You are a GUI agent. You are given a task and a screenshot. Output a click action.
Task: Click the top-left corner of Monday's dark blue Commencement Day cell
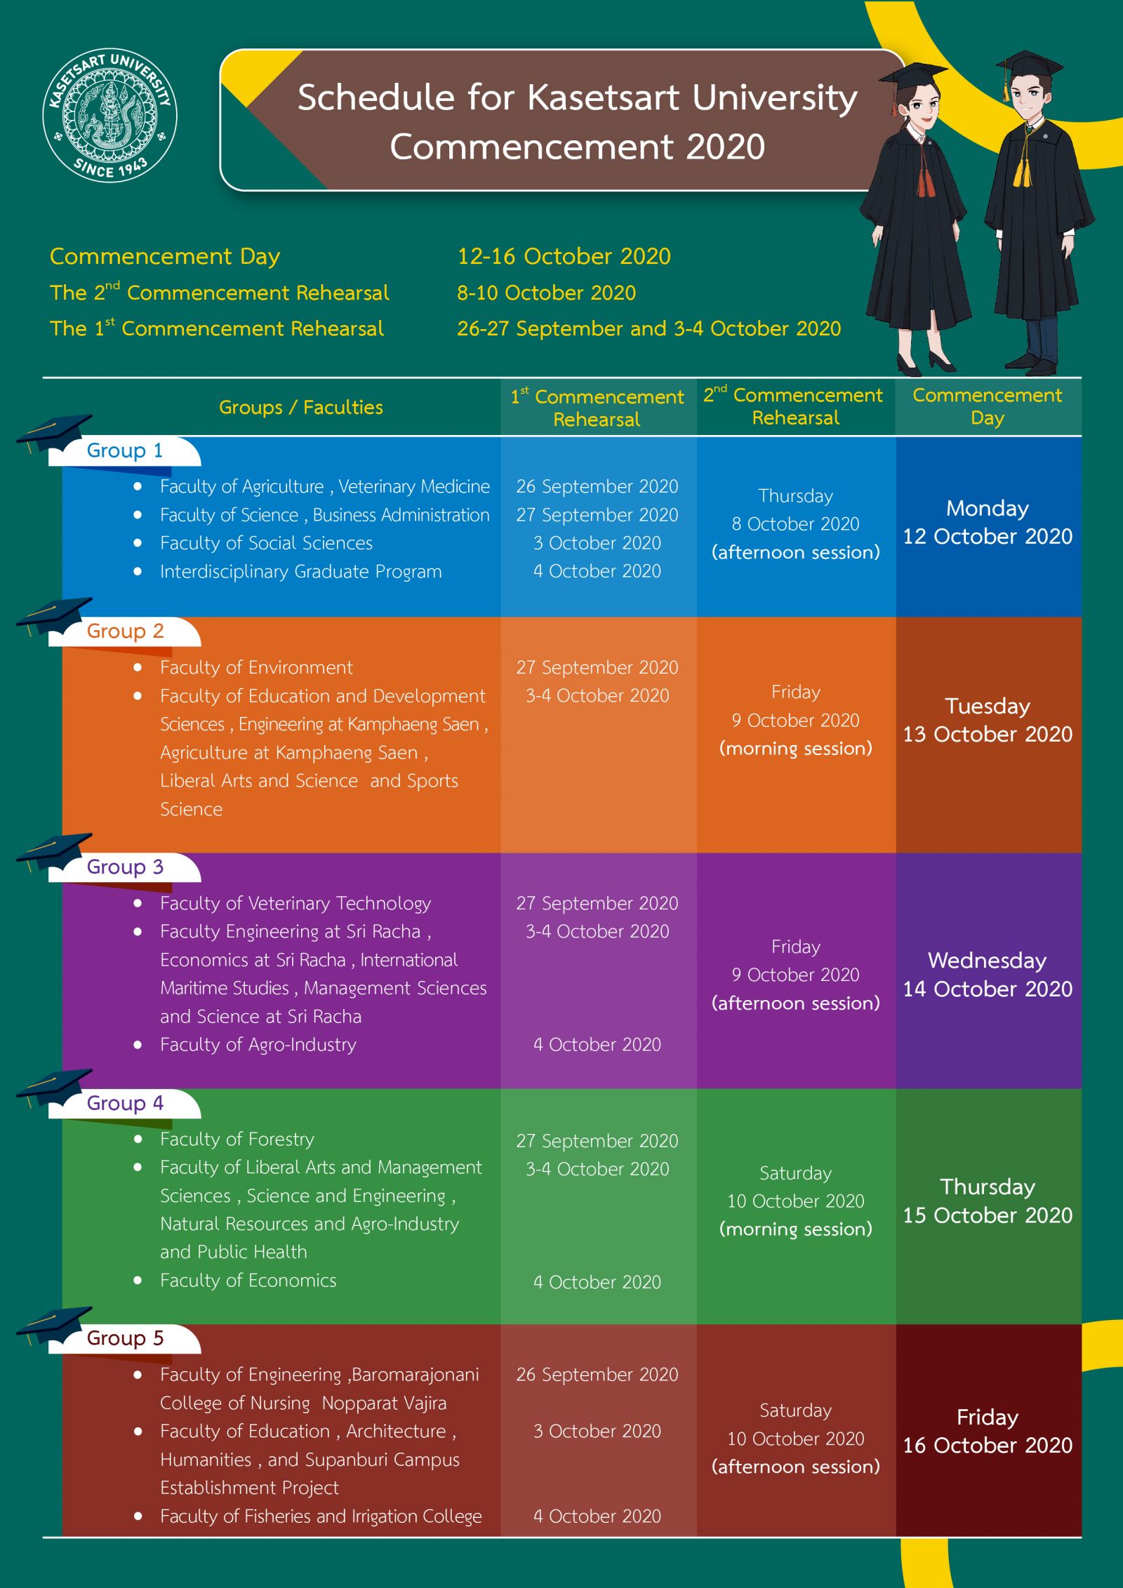tap(896, 437)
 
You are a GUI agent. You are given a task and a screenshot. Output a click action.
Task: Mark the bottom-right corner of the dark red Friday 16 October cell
tap(1082, 1535)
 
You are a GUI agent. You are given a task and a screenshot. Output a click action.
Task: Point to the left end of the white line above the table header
tap(43, 378)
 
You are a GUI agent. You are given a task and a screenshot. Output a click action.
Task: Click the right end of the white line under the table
tap(1082, 1537)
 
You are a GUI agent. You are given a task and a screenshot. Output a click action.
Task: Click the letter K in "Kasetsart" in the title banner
tap(538, 98)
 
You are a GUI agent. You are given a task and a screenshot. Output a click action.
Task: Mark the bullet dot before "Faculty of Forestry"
tap(138, 1139)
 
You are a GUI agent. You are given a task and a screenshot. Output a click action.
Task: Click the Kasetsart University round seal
tap(110, 116)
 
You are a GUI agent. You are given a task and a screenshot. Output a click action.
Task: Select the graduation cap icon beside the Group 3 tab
tap(54, 849)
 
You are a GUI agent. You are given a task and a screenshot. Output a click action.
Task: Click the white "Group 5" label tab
tap(125, 1338)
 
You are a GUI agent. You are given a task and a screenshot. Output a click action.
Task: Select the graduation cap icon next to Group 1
tap(54, 431)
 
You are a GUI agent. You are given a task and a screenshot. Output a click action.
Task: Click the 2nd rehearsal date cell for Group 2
tap(796, 720)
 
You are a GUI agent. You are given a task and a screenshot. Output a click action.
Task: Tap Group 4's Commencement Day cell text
tap(988, 1201)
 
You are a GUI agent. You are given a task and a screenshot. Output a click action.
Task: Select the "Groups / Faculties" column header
tap(301, 407)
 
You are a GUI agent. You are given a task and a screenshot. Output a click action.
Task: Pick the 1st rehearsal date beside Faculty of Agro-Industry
tap(597, 1044)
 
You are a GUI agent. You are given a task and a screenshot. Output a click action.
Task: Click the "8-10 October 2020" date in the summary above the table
tap(546, 293)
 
